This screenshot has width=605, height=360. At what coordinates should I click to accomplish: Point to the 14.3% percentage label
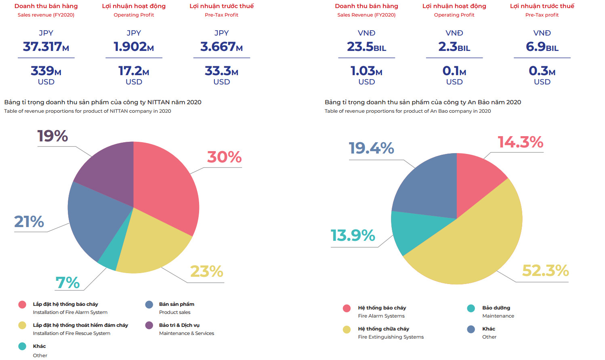[x=520, y=142]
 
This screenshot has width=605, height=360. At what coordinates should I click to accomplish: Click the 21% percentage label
[x=29, y=221]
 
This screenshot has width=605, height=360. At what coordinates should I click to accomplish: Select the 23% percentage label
[x=206, y=272]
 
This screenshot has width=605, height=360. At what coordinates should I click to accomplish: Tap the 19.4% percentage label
[x=371, y=148]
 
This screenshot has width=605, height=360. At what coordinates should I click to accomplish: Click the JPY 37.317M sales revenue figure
[x=46, y=47]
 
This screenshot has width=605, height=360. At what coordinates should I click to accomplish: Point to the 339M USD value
[x=46, y=71]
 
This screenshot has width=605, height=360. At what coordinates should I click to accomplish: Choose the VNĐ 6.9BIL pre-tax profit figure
[x=542, y=47]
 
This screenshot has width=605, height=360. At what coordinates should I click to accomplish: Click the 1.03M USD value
[x=366, y=71]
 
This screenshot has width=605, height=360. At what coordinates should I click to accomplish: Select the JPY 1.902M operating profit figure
[x=134, y=47]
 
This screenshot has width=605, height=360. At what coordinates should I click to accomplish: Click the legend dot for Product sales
[x=149, y=305]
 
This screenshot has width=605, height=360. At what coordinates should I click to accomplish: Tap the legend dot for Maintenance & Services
[x=149, y=325]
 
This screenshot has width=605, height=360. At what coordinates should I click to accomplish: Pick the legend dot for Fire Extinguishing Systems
[x=347, y=329]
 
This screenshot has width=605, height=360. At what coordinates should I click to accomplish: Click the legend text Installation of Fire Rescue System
[x=71, y=333]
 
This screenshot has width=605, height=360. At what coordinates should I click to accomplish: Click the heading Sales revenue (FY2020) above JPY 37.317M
[x=46, y=15]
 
